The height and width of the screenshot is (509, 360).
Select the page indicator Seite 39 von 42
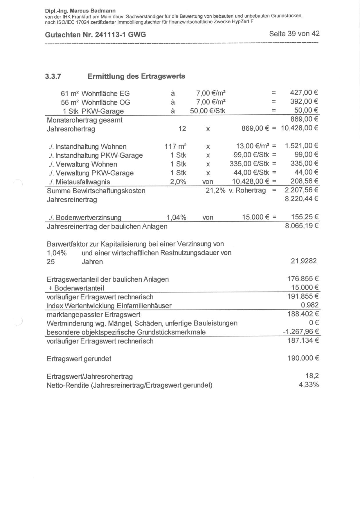(294, 34)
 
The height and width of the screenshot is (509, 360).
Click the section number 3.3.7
(53, 77)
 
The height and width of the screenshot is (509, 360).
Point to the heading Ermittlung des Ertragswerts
(136, 76)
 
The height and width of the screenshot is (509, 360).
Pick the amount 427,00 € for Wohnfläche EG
(304, 93)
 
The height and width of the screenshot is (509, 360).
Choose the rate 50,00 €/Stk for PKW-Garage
(208, 111)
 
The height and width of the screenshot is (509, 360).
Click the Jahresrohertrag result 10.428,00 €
(299, 128)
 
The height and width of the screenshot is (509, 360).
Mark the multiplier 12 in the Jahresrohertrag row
(182, 129)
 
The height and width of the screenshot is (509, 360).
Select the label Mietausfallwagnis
(83, 182)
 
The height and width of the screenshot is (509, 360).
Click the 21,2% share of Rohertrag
(215, 190)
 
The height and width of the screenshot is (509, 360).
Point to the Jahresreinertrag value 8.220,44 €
(302, 199)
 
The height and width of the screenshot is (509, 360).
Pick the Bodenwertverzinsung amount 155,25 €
(305, 217)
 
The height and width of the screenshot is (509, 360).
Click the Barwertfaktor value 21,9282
(304, 261)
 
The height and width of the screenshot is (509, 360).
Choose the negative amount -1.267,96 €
(301, 332)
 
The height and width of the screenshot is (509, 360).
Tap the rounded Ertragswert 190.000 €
(303, 358)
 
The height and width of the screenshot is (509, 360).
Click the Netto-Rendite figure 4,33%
(309, 385)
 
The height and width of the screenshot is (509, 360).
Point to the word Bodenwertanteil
(79, 288)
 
